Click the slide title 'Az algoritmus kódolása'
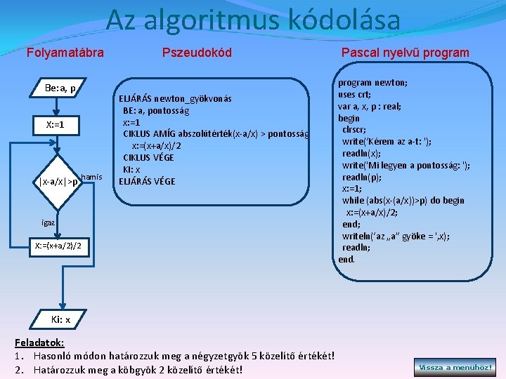pyautogui.click(x=253, y=20)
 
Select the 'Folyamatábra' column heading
pyautogui.click(x=65, y=53)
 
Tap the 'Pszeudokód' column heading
pyautogui.click(x=197, y=53)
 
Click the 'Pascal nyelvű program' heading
pyautogui.click(x=405, y=53)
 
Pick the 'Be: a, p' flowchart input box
pyautogui.click(x=60, y=88)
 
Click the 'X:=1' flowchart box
pyautogui.click(x=55, y=124)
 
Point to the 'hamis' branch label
pyautogui.click(x=92, y=177)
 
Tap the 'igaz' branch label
pyautogui.click(x=48, y=222)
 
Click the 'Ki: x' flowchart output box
pyautogui.click(x=60, y=319)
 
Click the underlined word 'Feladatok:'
pyautogui.click(x=40, y=343)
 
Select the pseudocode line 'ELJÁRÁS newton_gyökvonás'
pyautogui.click(x=175, y=98)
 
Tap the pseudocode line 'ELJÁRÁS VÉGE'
pyautogui.click(x=146, y=181)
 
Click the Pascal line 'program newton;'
pyautogui.click(x=372, y=81)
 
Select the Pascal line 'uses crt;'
pyautogui.click(x=355, y=94)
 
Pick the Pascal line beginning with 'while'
pyautogui.click(x=403, y=200)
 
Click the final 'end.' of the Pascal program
pyautogui.click(x=346, y=259)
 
